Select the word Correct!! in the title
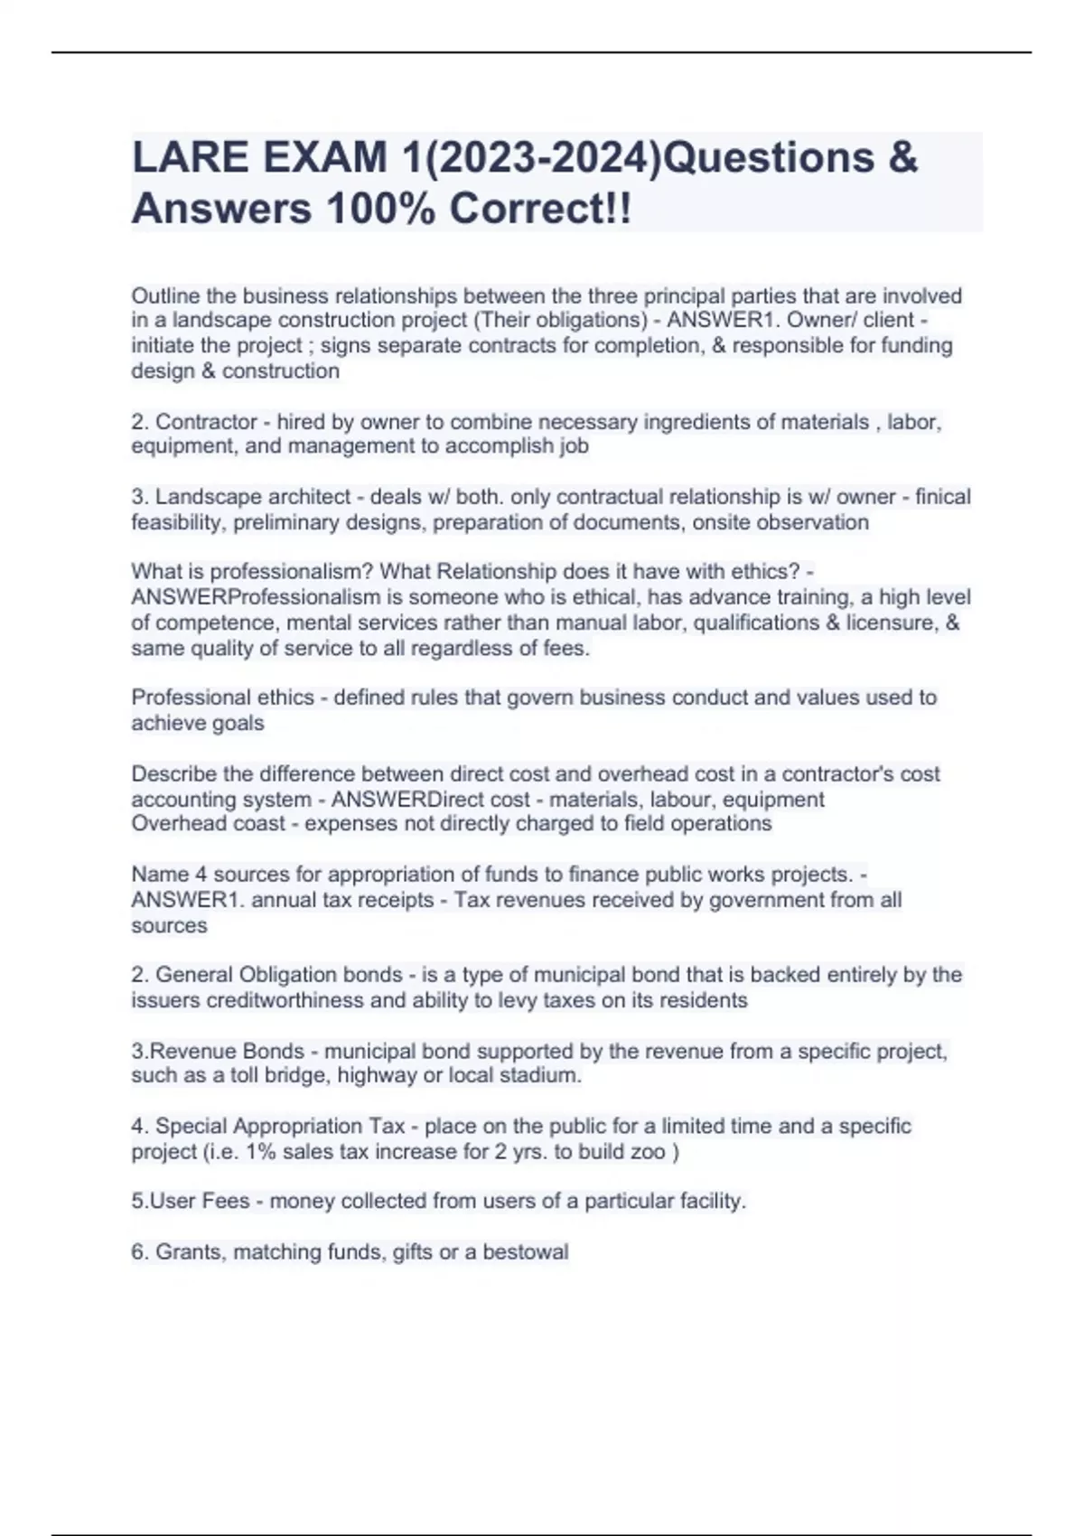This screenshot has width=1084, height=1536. pos(541,210)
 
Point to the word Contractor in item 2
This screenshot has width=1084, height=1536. pos(207,422)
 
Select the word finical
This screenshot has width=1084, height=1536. pos(943,497)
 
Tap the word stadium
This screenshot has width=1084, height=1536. pos(546,1075)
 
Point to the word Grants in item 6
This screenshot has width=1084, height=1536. pos(190,1252)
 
